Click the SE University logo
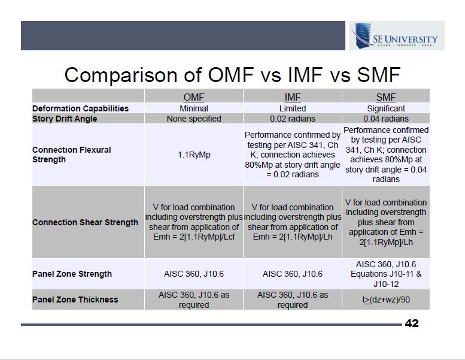click(x=396, y=36)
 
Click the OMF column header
click(x=193, y=96)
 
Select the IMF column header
click(x=293, y=96)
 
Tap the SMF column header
click(x=385, y=96)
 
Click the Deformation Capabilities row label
click(x=80, y=108)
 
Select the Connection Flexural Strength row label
click(x=72, y=155)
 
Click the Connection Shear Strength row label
click(x=85, y=222)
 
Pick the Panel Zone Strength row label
click(x=72, y=274)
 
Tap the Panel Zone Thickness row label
click(x=75, y=300)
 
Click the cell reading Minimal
click(x=193, y=108)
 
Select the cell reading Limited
click(x=293, y=108)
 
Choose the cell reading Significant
click(x=385, y=108)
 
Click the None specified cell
click(x=193, y=119)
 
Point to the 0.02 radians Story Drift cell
click(x=293, y=119)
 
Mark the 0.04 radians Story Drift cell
click(x=385, y=119)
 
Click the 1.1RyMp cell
click(x=193, y=155)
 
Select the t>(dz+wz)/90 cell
click(x=385, y=300)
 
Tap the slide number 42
click(x=412, y=323)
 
